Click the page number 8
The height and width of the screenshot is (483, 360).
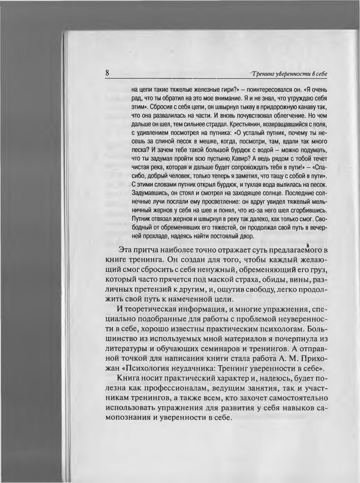pyautogui.click(x=108, y=73)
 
